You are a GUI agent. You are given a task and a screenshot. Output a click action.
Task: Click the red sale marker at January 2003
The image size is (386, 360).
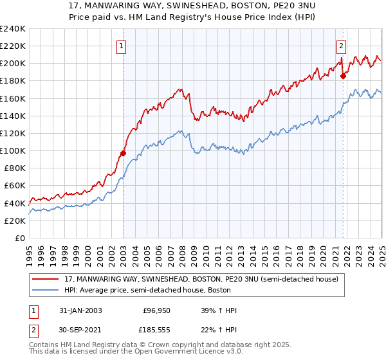123,153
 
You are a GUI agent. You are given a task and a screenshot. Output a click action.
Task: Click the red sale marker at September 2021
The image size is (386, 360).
343,76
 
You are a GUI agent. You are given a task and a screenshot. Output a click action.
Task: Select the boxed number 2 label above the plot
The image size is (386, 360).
340,46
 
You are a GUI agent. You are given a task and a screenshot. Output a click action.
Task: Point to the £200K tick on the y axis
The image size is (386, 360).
13,63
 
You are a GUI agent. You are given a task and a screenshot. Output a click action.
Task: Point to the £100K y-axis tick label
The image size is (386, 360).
13,150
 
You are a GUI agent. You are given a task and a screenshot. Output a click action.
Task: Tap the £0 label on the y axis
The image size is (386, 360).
21,238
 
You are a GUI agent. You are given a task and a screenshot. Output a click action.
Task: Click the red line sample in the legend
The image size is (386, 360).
47,279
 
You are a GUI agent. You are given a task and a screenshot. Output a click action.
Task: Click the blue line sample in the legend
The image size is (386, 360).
47,291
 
